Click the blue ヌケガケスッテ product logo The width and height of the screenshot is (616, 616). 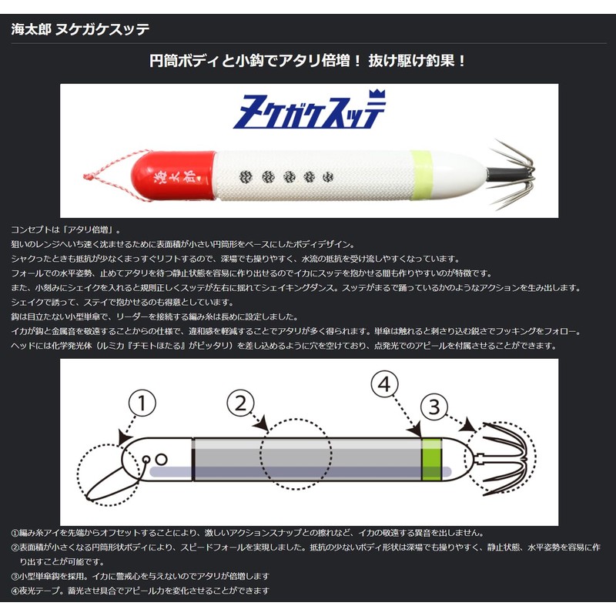point(310,110)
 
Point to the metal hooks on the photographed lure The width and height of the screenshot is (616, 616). point(511,174)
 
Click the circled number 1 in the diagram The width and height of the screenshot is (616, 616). point(142,403)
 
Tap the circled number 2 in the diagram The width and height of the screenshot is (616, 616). point(240,403)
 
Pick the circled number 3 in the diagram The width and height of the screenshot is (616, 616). point(434,407)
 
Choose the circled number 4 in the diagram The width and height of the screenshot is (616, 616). point(384,384)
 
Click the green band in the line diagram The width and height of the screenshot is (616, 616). point(431,459)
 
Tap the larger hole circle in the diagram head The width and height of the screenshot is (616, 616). point(162,459)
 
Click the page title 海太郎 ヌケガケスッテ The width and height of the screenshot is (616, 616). point(80,29)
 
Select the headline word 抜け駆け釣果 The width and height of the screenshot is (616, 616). point(411,61)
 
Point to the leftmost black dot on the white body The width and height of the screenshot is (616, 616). point(246,178)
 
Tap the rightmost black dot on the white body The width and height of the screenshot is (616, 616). point(328,177)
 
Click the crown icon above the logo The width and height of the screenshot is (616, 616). point(377,95)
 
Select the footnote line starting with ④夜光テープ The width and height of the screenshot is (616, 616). point(140,591)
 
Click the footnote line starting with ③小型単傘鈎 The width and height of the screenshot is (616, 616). point(140,576)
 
